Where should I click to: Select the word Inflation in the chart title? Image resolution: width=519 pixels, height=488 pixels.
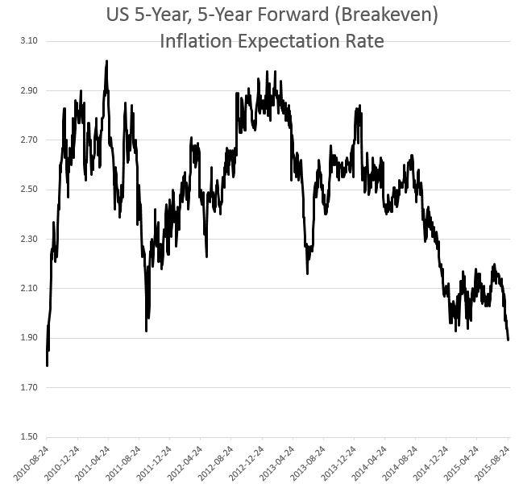click(x=196, y=41)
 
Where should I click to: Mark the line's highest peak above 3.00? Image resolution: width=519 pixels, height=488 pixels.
click(x=106, y=60)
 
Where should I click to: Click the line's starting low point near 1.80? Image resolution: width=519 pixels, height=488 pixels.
click(x=47, y=365)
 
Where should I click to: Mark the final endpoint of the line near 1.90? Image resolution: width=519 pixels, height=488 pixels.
click(x=508, y=340)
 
